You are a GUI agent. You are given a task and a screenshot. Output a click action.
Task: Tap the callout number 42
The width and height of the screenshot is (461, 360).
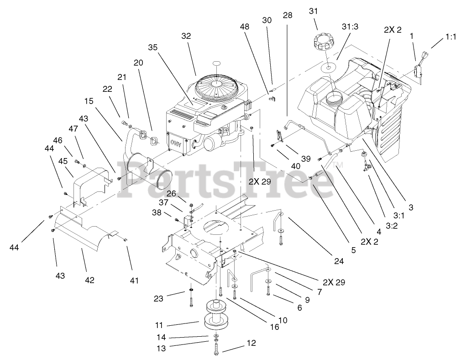pos(89,280)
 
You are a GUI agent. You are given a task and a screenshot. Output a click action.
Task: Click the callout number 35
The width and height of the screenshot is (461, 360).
pos(153,47)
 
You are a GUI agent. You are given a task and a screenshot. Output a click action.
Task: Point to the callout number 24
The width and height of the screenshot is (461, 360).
pos(338,262)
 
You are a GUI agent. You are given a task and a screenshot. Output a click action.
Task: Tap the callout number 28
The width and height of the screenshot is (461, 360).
pos(288,15)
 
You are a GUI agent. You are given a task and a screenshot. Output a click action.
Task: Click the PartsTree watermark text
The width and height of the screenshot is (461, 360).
pos(228,181)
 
